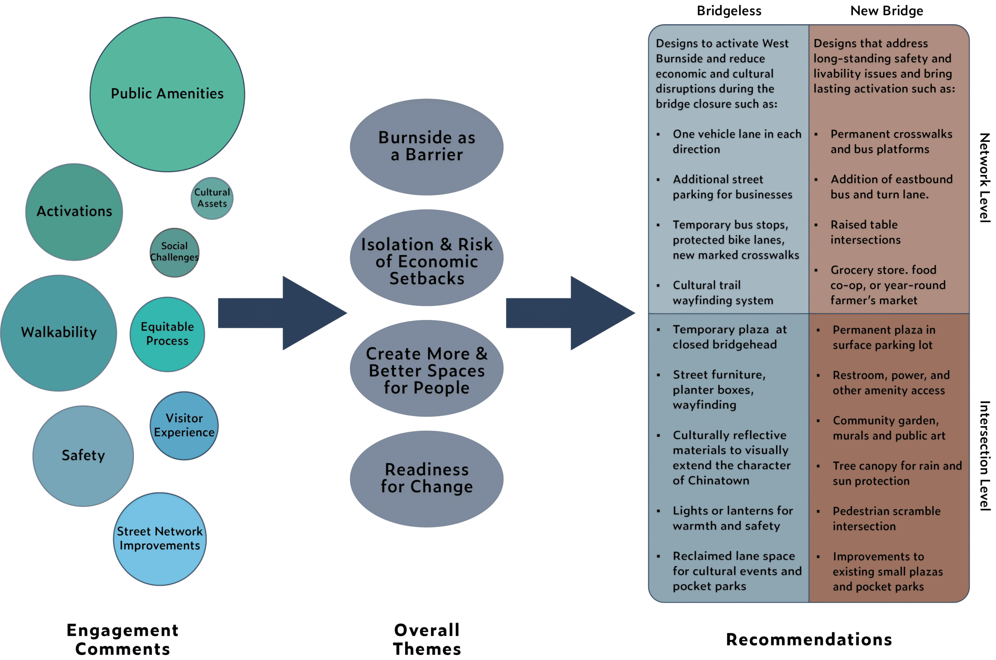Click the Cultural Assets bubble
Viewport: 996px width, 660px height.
point(212,198)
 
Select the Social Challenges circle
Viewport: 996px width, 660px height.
point(174,252)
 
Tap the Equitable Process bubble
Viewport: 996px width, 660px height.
point(167,334)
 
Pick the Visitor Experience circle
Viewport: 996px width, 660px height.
point(184,425)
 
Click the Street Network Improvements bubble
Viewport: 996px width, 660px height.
point(160,539)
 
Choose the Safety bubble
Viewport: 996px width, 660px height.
point(83,455)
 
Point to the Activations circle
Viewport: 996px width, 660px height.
point(74,211)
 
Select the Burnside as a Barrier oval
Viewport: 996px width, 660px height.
point(426,147)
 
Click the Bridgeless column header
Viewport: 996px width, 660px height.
point(729,11)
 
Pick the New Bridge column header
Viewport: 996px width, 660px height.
point(887,11)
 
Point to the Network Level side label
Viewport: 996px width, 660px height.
point(984,178)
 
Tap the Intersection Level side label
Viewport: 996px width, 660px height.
point(984,456)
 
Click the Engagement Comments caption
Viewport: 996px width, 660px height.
point(123,639)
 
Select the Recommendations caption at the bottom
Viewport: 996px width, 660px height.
point(809,639)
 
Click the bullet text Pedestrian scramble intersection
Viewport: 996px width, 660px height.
point(886,518)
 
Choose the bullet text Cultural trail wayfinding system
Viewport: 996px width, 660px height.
point(723,292)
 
